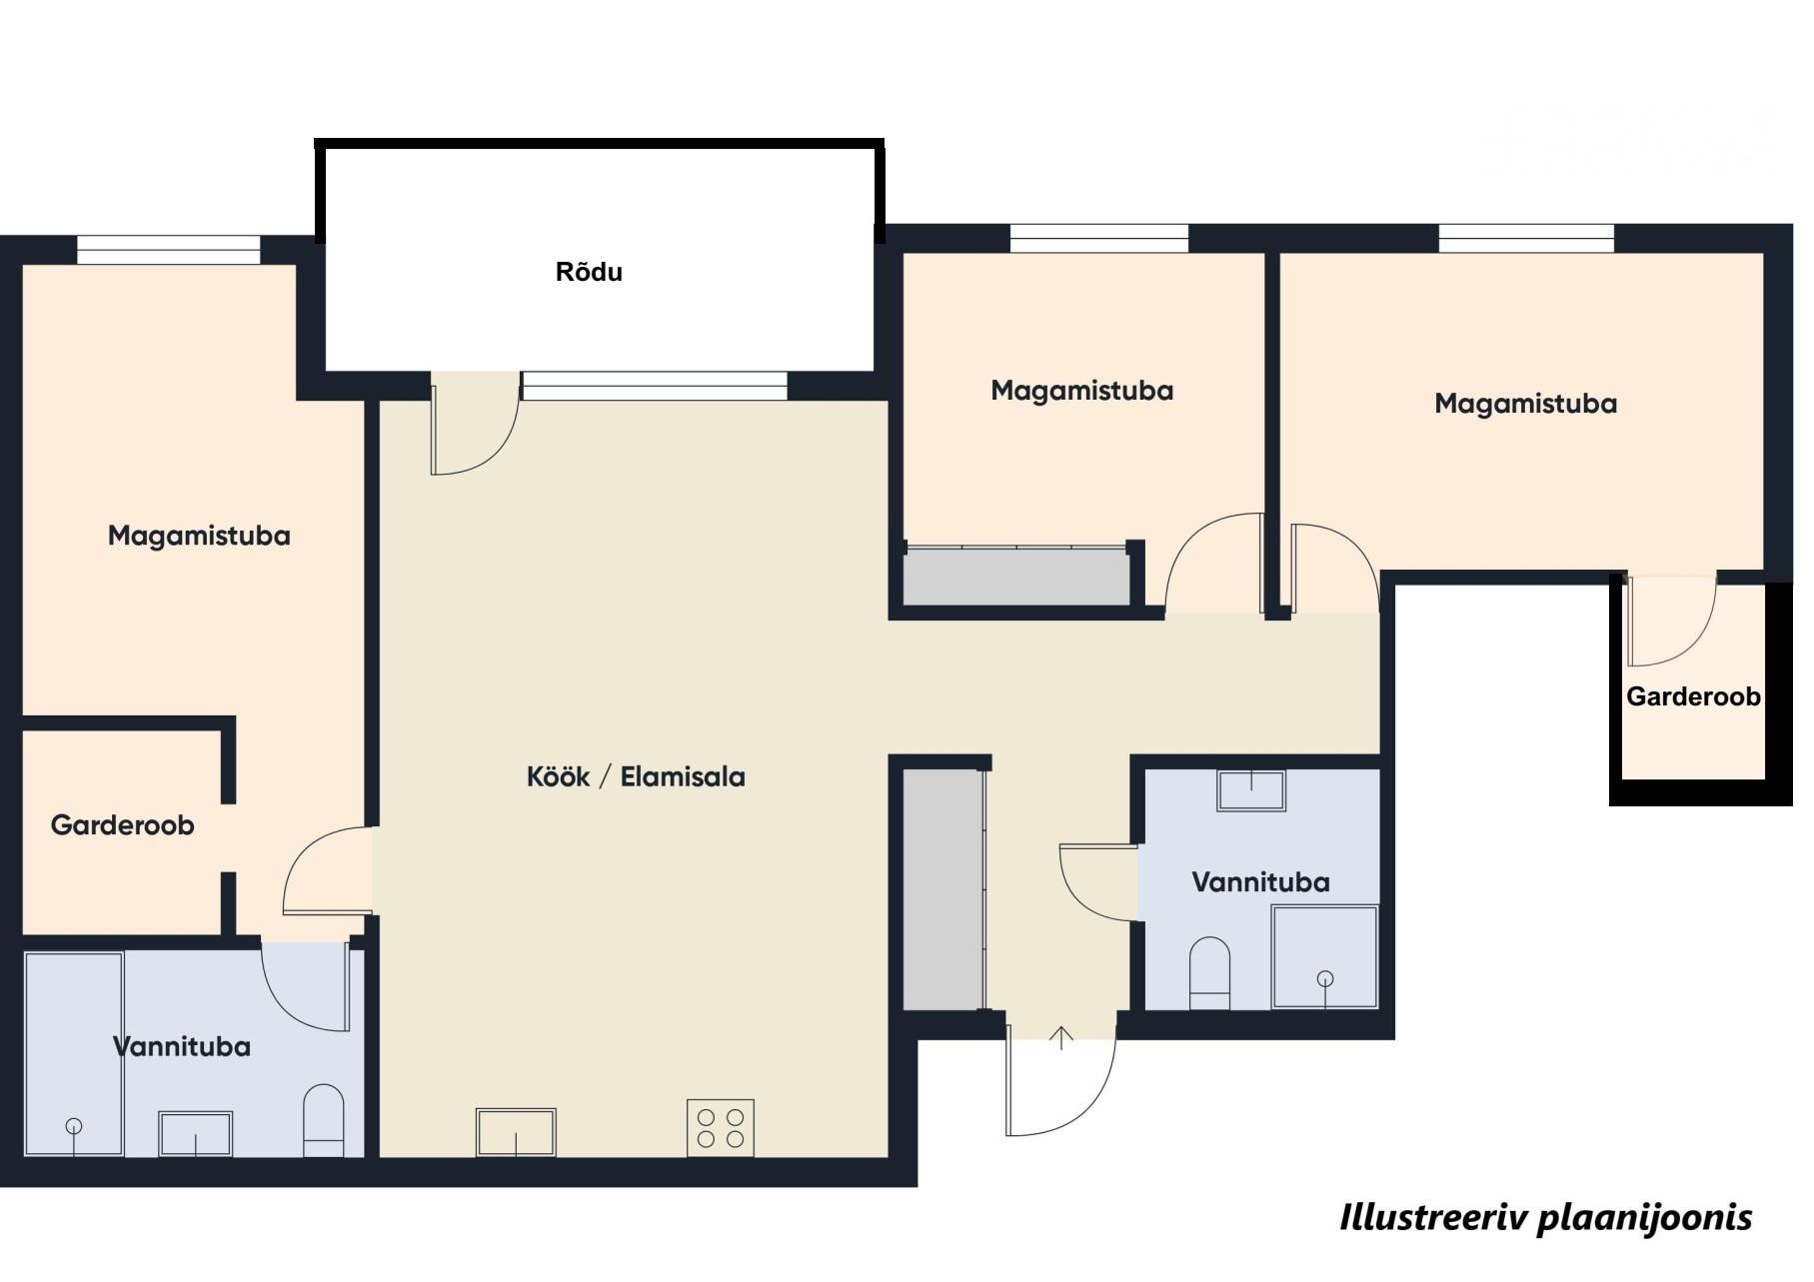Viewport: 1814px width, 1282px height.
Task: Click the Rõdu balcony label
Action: [x=589, y=272]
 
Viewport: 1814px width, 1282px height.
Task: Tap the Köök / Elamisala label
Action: [x=636, y=776]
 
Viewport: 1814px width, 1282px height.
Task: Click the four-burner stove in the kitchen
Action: [x=721, y=1128]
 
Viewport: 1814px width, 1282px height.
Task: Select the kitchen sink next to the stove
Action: [x=516, y=1132]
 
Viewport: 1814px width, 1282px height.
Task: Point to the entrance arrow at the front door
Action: [x=1061, y=1037]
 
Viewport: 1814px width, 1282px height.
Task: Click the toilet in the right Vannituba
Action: [x=1210, y=972]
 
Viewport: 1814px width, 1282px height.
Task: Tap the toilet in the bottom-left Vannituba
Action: [x=323, y=1120]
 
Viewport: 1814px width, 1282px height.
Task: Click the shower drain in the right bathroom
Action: [x=1325, y=979]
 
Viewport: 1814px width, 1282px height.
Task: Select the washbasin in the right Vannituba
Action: [x=1251, y=790]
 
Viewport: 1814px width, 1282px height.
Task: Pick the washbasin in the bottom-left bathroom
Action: [x=196, y=1134]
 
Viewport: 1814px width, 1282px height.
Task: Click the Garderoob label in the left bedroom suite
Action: [x=123, y=825]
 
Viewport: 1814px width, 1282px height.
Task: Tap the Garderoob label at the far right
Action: [x=1693, y=696]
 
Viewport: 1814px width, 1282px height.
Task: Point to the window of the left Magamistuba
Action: [x=169, y=250]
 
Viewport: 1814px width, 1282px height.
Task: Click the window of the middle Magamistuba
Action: [x=1099, y=239]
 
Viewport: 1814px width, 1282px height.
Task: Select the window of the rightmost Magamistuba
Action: [x=1526, y=239]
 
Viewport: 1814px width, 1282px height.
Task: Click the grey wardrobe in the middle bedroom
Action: [x=1015, y=575]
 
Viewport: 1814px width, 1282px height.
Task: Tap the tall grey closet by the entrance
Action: [x=943, y=888]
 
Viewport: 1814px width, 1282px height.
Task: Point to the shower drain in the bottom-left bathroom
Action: [x=74, y=1126]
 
